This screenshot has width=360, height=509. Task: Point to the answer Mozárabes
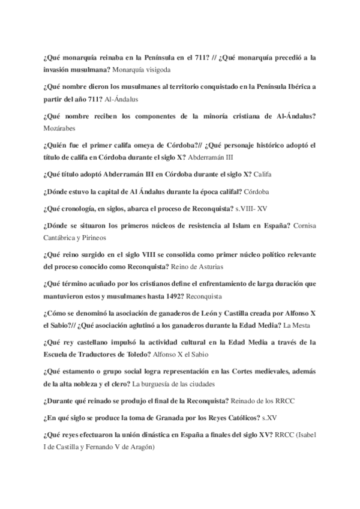62,128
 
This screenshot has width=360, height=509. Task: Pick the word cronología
83,208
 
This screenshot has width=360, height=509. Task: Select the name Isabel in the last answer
305,433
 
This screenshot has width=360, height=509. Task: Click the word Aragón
139,447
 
